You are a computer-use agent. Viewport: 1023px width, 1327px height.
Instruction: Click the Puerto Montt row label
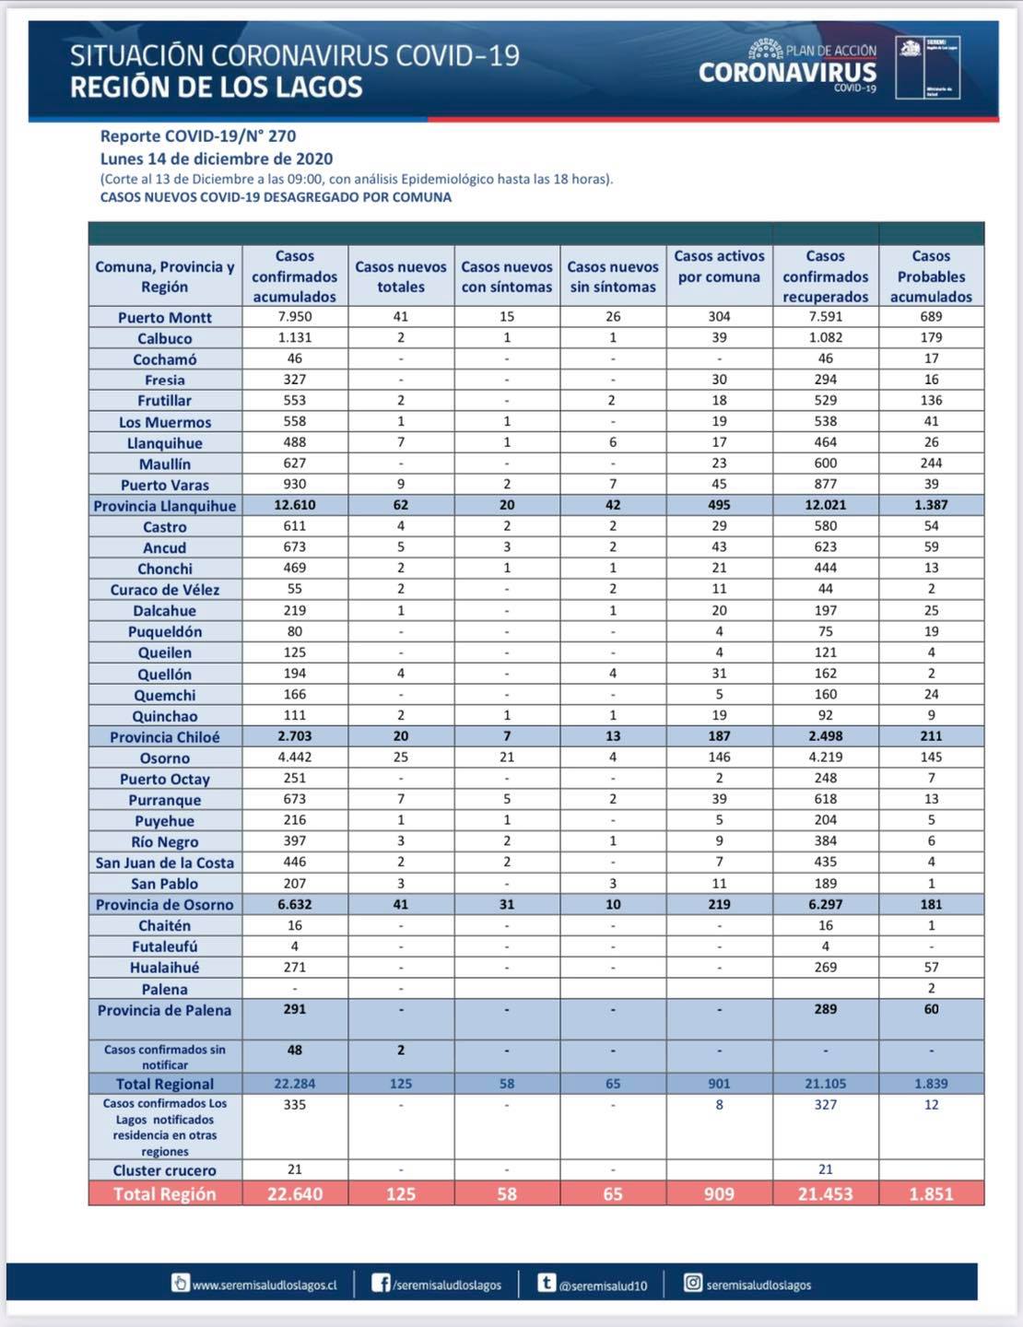point(165,318)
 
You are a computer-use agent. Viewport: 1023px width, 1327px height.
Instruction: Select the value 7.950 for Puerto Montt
point(295,317)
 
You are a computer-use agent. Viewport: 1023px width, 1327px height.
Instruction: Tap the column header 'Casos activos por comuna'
point(719,266)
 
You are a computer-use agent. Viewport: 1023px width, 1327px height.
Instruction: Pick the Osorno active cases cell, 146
point(719,757)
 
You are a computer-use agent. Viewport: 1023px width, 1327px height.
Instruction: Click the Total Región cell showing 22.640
point(295,1194)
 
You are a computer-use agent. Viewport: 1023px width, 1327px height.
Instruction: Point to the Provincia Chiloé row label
point(165,737)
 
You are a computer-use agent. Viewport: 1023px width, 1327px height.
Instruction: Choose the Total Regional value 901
point(719,1084)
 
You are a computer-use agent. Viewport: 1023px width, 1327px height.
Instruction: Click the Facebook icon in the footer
point(381,1283)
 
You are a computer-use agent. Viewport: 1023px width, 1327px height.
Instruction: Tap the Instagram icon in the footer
point(693,1283)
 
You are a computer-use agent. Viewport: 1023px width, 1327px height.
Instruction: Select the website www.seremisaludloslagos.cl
point(265,1285)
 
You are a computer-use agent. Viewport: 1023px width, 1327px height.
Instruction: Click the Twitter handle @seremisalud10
point(603,1285)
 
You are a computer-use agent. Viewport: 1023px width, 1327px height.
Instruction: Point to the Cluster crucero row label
point(165,1170)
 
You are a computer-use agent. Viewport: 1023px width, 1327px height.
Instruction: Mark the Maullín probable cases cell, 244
point(931,464)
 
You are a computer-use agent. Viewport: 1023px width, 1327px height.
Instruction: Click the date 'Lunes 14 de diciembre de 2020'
point(217,159)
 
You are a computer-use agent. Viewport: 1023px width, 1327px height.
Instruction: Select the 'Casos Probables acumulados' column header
point(931,276)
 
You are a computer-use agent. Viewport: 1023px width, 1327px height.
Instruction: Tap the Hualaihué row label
point(165,968)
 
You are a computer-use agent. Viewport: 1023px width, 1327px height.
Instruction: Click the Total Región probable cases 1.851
point(931,1194)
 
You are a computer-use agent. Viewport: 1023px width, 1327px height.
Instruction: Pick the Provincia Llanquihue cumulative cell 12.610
point(295,505)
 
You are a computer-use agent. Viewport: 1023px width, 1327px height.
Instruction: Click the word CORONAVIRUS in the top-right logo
point(787,73)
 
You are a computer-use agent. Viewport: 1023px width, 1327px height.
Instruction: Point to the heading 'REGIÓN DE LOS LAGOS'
point(217,88)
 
